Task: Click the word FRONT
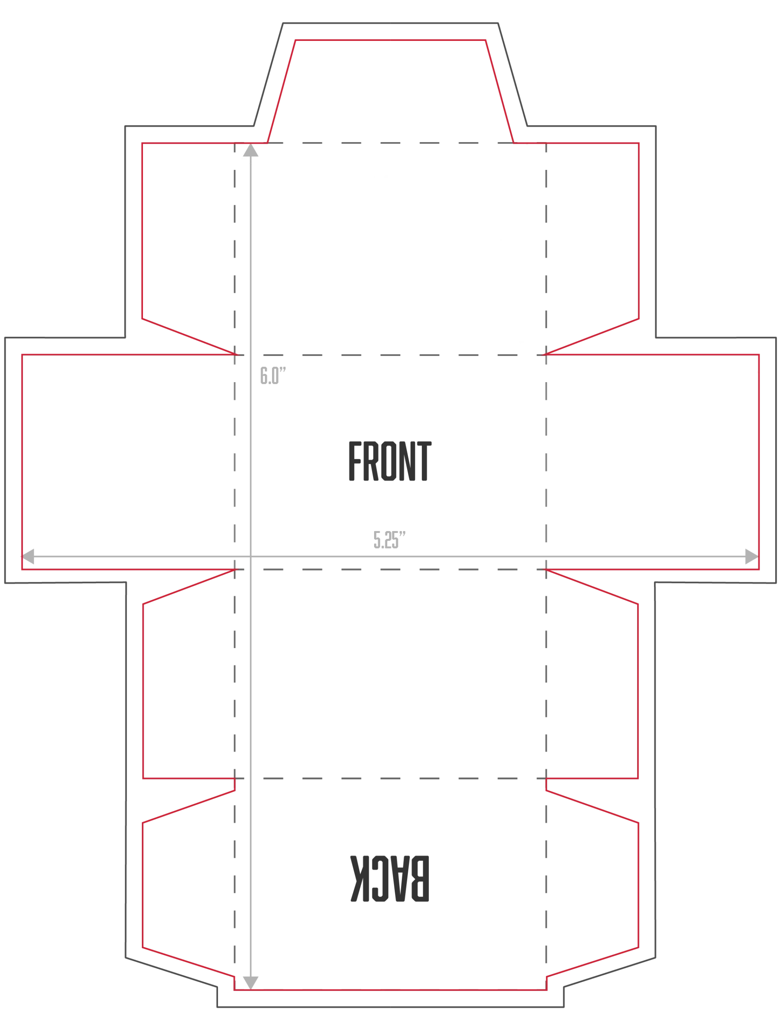pyautogui.click(x=390, y=461)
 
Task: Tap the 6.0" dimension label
pyautogui.click(x=273, y=375)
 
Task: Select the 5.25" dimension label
pyautogui.click(x=390, y=540)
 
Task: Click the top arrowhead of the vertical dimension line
pyautogui.click(x=251, y=150)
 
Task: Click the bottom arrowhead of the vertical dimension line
pyautogui.click(x=251, y=983)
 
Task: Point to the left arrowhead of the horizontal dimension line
pyautogui.click(x=28, y=556)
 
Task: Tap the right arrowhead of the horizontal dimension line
pyautogui.click(x=752, y=556)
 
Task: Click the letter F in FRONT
pyautogui.click(x=355, y=461)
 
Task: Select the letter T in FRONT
pyautogui.click(x=425, y=461)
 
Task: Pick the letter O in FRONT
pyautogui.click(x=389, y=461)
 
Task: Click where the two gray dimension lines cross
pyautogui.click(x=251, y=556)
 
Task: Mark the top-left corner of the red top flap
pyautogui.click(x=295, y=40)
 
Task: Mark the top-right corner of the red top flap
pyautogui.click(x=485, y=40)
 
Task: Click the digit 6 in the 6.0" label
pyautogui.click(x=263, y=375)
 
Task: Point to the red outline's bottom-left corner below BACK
pyautogui.click(x=235, y=990)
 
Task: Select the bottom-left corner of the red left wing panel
pyautogui.click(x=22, y=570)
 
